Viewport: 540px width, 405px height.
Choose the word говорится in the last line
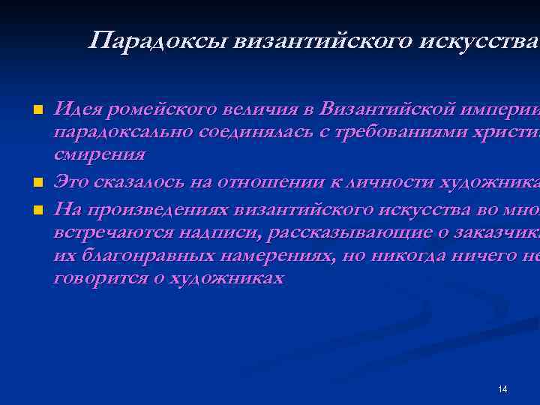(97, 279)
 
